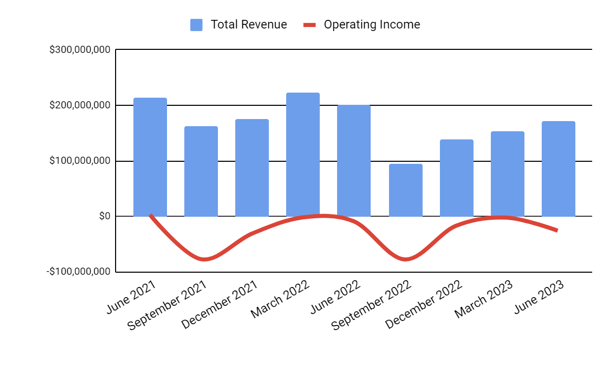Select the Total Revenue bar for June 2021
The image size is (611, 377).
pyautogui.click(x=150, y=157)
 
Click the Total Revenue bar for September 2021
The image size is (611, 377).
pyautogui.click(x=201, y=171)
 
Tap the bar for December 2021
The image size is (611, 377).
pyautogui.click(x=252, y=168)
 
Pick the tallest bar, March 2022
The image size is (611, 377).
pyautogui.click(x=303, y=155)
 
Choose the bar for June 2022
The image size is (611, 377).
pyautogui.click(x=354, y=161)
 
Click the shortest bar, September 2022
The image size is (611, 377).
pyautogui.click(x=406, y=190)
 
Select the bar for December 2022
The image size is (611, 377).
pyautogui.click(x=457, y=178)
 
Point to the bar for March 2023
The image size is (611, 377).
pyautogui.click(x=508, y=174)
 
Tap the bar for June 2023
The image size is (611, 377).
pyautogui.click(x=559, y=169)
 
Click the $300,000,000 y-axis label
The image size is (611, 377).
pyautogui.click(x=79, y=50)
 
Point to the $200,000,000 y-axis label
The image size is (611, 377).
pyautogui.click(x=79, y=105)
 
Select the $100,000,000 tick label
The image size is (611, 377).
pyautogui.click(x=79, y=161)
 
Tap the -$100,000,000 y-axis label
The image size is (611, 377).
pyautogui.click(x=78, y=272)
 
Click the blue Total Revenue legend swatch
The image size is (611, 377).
pyautogui.click(x=197, y=24)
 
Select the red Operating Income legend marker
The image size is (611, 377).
pyautogui.click(x=310, y=24)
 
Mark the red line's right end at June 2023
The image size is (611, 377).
pyautogui.click(x=557, y=230)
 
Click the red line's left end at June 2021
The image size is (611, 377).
pyautogui.click(x=151, y=215)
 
